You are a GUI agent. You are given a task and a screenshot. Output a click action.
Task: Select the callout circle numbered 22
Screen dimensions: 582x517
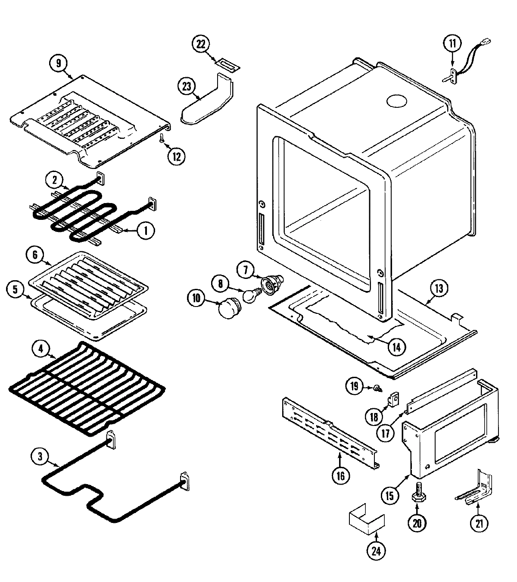[x=201, y=44]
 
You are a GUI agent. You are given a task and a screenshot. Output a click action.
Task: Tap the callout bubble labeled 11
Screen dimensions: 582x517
[x=452, y=44]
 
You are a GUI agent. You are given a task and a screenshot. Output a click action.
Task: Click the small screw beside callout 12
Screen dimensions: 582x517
[x=162, y=138]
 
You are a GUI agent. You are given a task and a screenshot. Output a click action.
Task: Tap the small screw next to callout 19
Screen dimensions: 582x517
[x=377, y=388]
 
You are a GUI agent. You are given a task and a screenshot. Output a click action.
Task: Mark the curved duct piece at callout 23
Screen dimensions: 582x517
[x=207, y=101]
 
